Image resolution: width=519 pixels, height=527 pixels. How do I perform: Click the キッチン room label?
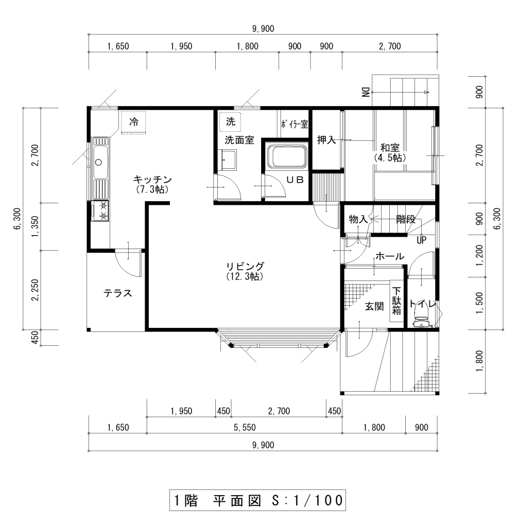[152, 180]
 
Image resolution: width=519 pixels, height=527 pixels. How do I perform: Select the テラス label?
[118, 293]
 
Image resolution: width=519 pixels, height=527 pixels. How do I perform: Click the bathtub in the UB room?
[287, 156]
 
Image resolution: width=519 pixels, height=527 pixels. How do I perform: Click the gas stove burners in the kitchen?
[100, 211]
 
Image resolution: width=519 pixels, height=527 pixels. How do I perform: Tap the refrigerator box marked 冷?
[134, 122]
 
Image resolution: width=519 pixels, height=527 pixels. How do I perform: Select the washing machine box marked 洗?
[230, 122]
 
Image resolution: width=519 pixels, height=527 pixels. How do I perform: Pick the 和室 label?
[390, 147]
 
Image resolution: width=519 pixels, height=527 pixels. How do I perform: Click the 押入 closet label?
[326, 139]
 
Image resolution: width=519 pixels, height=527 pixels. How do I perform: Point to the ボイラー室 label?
[295, 124]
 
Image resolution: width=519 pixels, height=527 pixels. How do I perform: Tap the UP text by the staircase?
[422, 240]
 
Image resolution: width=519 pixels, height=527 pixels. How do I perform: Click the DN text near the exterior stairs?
[365, 92]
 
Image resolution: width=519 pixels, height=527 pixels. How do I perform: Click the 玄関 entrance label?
[374, 306]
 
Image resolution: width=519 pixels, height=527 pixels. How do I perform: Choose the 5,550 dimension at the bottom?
[245, 428]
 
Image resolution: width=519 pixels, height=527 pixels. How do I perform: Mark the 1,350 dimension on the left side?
[35, 227]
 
